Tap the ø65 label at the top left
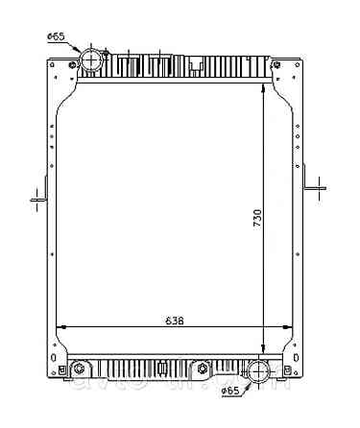[x=56, y=36]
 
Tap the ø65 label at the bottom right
[x=230, y=392]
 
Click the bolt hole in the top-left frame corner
[x=70, y=65]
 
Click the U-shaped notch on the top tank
[x=197, y=65]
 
